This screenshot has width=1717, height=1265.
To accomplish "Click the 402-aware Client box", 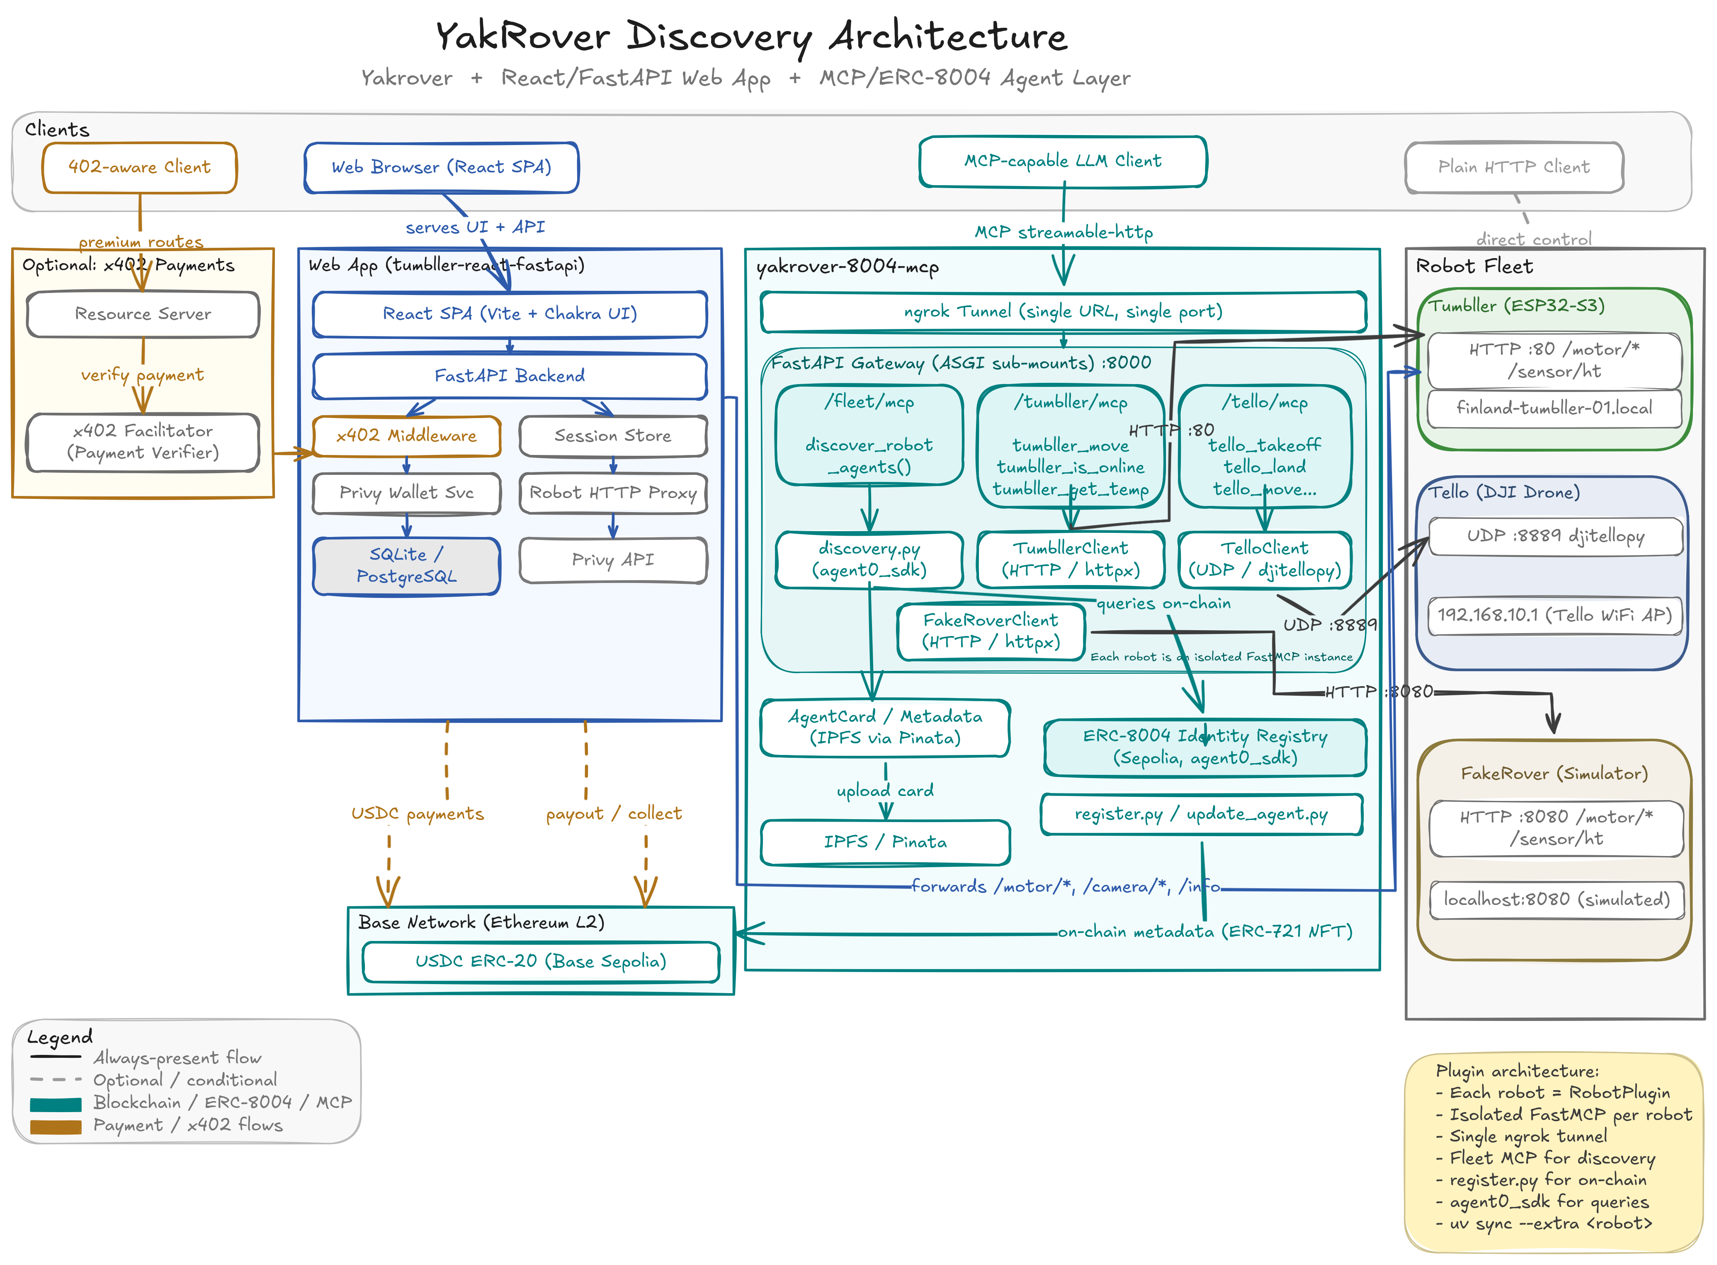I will [x=139, y=167].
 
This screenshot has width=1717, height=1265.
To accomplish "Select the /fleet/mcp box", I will [x=869, y=434].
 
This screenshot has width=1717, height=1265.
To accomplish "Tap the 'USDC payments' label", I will [x=418, y=814].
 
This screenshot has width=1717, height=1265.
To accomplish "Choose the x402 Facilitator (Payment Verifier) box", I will [x=143, y=442].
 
